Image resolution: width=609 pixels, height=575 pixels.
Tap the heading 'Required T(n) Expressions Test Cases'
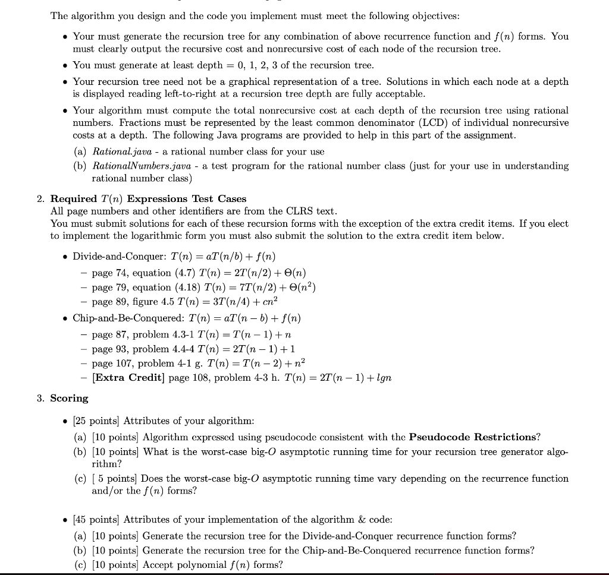pos(148,198)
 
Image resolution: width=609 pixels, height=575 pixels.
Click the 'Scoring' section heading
pos(69,398)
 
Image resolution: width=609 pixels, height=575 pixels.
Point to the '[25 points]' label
pos(96,421)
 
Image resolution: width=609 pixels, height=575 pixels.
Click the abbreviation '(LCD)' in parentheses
pos(425,122)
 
